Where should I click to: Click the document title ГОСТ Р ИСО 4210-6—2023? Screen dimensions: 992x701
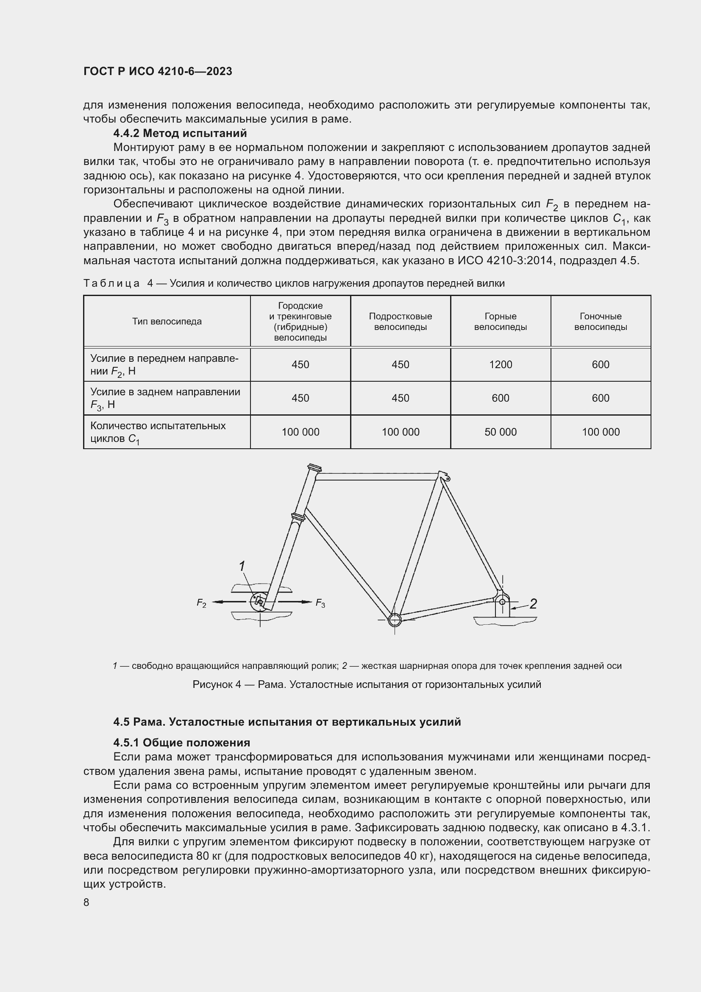point(158,71)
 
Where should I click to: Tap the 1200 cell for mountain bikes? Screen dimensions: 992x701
point(500,364)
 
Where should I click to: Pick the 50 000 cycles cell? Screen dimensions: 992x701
point(500,432)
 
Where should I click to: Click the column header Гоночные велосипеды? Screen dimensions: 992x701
point(600,321)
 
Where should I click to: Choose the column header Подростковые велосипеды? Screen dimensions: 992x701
point(400,321)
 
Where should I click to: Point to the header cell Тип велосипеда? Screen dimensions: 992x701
point(167,321)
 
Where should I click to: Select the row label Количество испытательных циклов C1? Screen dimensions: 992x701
point(158,432)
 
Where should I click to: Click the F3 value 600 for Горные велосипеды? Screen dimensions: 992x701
point(500,398)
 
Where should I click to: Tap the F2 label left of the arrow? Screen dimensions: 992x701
point(202,603)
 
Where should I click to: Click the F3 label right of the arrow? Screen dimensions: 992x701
point(320,603)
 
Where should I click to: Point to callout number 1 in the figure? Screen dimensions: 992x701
point(242,566)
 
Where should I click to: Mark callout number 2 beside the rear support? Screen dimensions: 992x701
point(533,604)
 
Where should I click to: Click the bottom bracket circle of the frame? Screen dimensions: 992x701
point(395,620)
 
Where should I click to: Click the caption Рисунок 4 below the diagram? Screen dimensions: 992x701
point(367,685)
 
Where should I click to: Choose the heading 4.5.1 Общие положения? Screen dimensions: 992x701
point(182,743)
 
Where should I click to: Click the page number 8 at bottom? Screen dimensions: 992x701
point(86,903)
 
